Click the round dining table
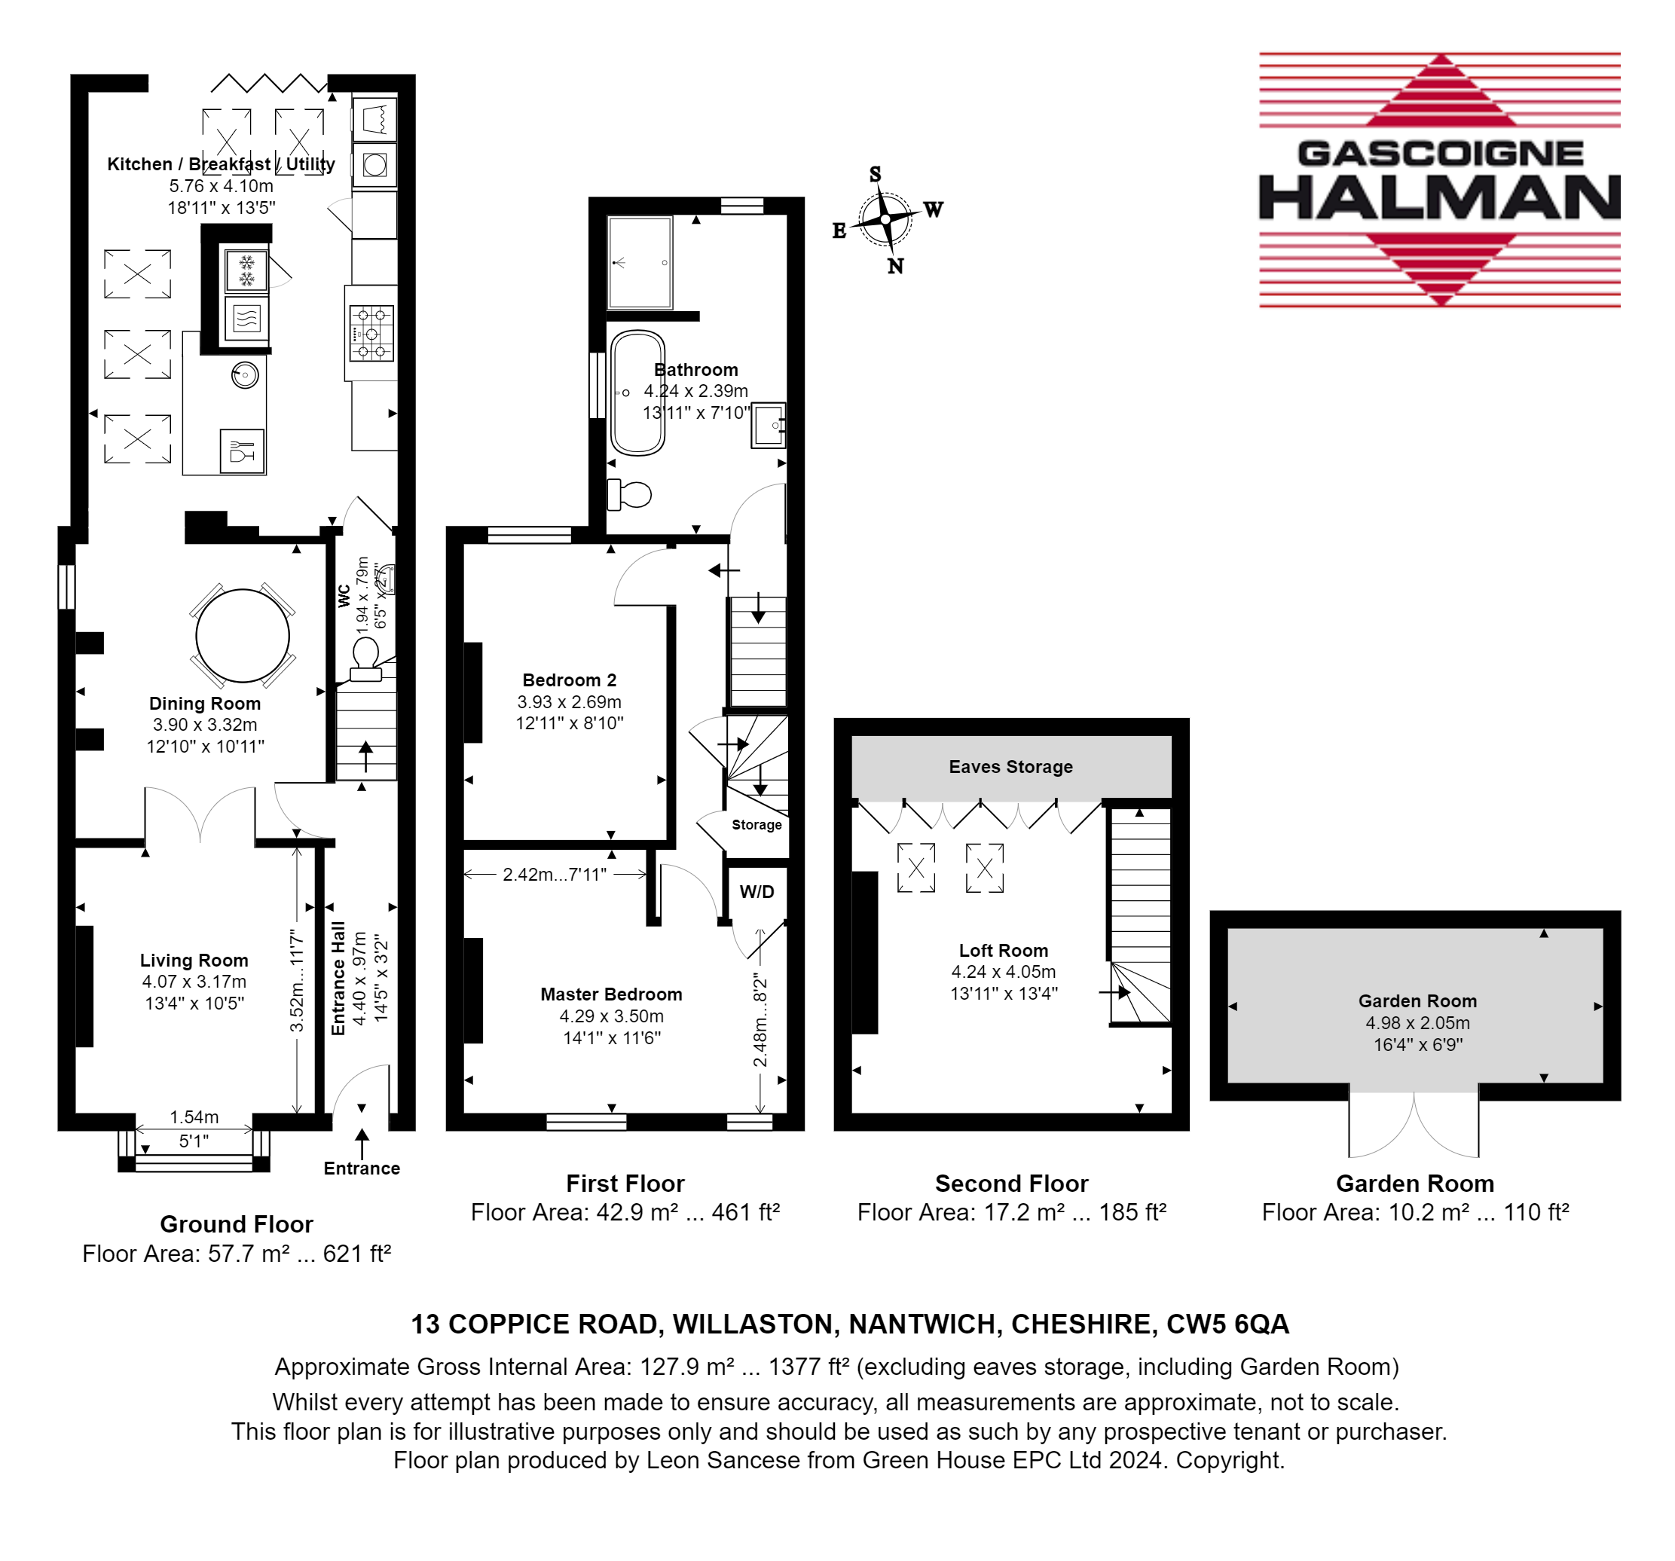pyautogui.click(x=243, y=636)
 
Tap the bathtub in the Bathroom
pyautogui.click(x=637, y=393)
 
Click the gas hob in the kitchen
pyautogui.click(x=371, y=334)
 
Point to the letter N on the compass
pyautogui.click(x=896, y=266)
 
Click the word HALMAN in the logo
pyautogui.click(x=1440, y=197)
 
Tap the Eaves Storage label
pyautogui.click(x=1010, y=767)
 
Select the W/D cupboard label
pyautogui.click(x=757, y=891)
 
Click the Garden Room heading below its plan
pyautogui.click(x=1414, y=1184)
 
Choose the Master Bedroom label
pyautogui.click(x=611, y=994)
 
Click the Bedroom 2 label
pyautogui.click(x=570, y=680)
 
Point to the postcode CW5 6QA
pyautogui.click(x=1227, y=1324)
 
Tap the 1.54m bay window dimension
pyautogui.click(x=194, y=1117)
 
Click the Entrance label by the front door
pyautogui.click(x=362, y=1168)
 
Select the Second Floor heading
pyautogui.click(x=1011, y=1184)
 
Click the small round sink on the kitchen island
pyautogui.click(x=245, y=375)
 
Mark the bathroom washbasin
pyautogui.click(x=768, y=426)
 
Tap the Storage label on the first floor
pyautogui.click(x=757, y=825)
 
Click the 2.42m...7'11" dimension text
pyautogui.click(x=555, y=875)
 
